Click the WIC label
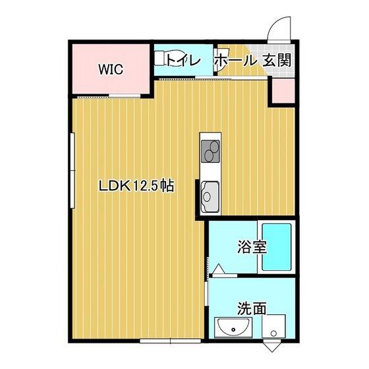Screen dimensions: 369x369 coord(111,69)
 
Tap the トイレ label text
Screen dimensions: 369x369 coord(184,60)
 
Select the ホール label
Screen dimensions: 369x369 coord(235,60)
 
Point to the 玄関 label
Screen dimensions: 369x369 coord(277,60)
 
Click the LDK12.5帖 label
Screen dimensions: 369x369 coord(136,186)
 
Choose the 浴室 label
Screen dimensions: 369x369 coord(252,246)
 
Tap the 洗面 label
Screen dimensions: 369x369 coord(252,308)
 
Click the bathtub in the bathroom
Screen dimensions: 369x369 coord(277,247)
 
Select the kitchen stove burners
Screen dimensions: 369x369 coord(210,152)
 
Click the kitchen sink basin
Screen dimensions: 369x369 coord(210,196)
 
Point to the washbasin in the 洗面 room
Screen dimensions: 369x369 coord(233,327)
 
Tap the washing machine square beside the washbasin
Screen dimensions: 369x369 coord(273,326)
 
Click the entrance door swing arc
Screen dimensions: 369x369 coord(277,23)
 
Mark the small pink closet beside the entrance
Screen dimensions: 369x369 coord(283,91)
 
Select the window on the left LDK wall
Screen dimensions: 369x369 coord(72,171)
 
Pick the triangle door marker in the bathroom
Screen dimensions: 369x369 coord(219,269)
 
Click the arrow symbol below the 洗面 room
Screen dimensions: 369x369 coord(272,345)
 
